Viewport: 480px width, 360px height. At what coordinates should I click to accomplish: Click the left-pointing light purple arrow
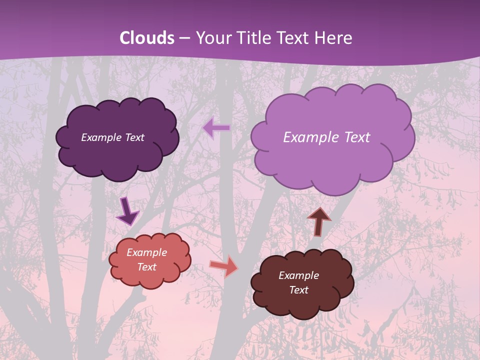point(216,128)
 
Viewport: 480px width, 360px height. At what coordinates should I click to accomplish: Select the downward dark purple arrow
point(127,211)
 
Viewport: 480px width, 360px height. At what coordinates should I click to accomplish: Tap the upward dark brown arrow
point(319,221)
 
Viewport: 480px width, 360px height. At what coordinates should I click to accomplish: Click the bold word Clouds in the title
point(147,38)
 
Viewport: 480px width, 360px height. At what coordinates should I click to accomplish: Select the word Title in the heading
point(254,38)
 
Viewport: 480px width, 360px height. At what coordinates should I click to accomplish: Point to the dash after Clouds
point(183,38)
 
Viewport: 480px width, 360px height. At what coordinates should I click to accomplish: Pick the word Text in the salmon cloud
point(147,267)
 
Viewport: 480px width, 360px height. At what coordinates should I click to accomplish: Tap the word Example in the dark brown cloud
point(298,275)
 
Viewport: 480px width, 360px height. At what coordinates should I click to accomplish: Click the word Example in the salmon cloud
point(147,252)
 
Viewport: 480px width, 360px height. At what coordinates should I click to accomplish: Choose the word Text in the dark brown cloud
point(298,290)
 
